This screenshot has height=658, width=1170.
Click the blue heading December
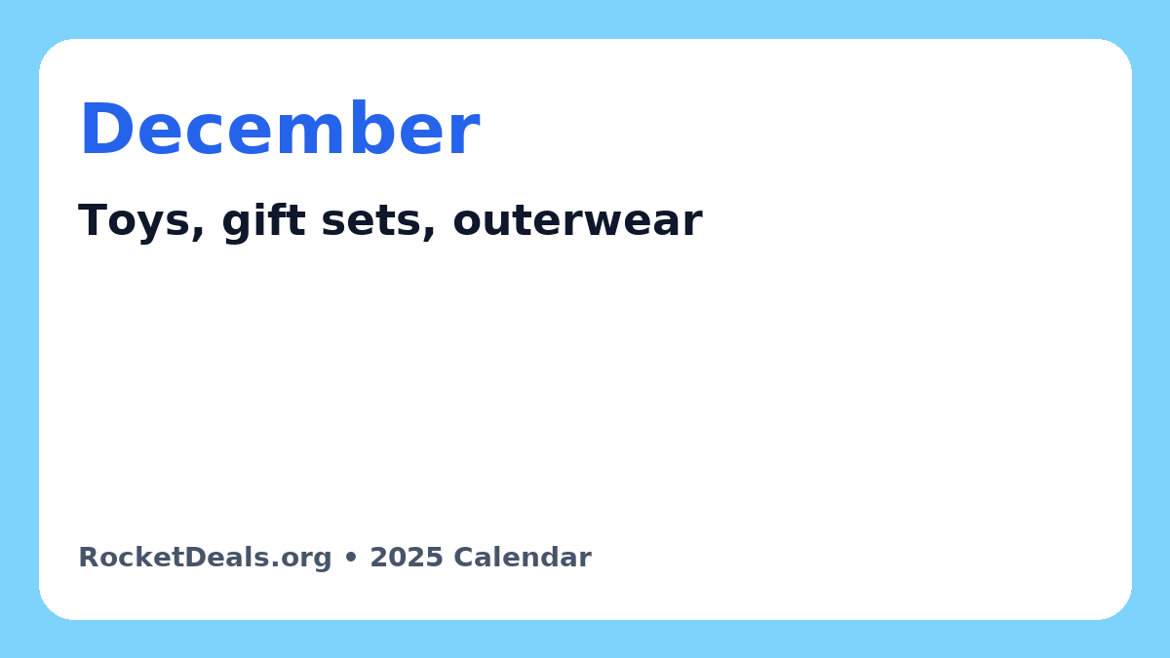point(280,128)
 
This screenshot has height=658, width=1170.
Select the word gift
point(264,222)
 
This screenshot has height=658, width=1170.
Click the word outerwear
point(577,221)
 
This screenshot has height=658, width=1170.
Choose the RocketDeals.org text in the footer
point(205,558)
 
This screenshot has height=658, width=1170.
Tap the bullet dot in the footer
point(351,558)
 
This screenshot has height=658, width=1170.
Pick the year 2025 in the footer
point(407,558)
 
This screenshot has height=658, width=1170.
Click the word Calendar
point(523,558)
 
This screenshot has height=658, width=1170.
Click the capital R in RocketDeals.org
point(89,558)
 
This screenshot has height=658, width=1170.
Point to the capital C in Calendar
point(464,558)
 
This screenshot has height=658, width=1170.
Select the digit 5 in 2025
point(435,558)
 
